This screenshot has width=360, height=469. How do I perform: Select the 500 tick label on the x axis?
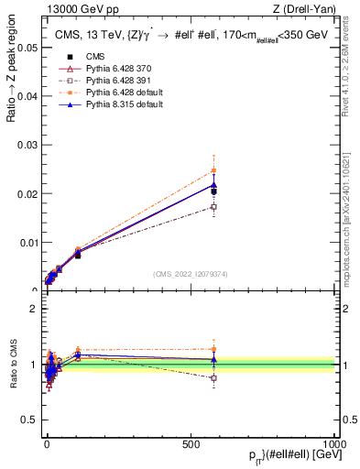tap(191, 443)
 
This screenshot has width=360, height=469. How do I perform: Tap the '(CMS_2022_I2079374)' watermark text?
tap(190, 273)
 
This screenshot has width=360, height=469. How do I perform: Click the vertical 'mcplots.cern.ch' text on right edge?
tap(352, 220)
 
